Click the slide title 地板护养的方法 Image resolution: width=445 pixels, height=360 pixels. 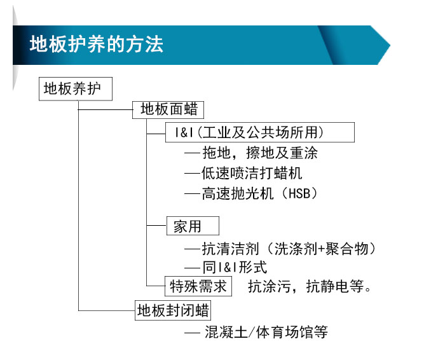(97, 45)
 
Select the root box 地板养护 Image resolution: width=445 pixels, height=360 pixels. (76, 89)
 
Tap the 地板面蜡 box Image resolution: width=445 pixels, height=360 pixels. (168, 109)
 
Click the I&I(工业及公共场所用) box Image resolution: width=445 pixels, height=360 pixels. (260, 132)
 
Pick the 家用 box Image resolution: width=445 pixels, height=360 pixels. (193, 226)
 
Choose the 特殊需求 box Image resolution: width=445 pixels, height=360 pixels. (198, 286)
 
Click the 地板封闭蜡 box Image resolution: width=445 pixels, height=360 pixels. (173, 310)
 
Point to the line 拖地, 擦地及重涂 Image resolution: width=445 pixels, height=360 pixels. (260, 153)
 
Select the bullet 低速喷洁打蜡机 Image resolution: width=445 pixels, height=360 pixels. (252, 173)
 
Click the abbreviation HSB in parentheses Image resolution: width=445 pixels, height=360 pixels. (299, 193)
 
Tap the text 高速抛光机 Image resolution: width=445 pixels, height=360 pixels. (238, 193)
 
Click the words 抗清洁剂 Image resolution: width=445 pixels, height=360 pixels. (230, 249)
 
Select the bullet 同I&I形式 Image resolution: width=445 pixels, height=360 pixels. (235, 267)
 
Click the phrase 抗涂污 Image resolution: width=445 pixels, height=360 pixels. (270, 286)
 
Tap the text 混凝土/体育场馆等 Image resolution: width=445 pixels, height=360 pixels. (266, 332)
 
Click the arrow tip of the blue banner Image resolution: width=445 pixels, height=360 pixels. (390, 45)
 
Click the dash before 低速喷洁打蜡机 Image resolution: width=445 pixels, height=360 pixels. (192, 174)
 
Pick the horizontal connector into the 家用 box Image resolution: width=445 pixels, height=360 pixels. (156, 225)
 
